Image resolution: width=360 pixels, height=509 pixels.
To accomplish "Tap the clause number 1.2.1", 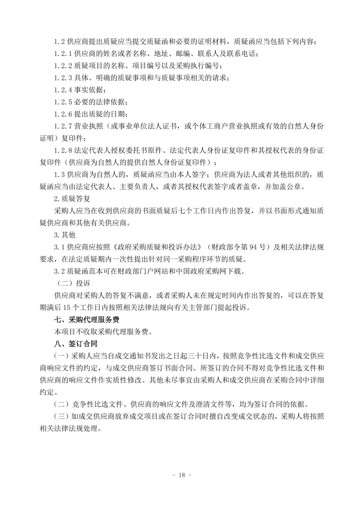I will click(63, 54).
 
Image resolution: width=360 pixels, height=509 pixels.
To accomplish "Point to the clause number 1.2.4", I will click(63, 90).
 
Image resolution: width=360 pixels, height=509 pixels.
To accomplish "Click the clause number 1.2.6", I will click(63, 114).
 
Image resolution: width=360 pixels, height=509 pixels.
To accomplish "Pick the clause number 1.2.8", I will click(63, 150).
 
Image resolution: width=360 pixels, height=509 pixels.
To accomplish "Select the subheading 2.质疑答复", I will click(72, 199).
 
